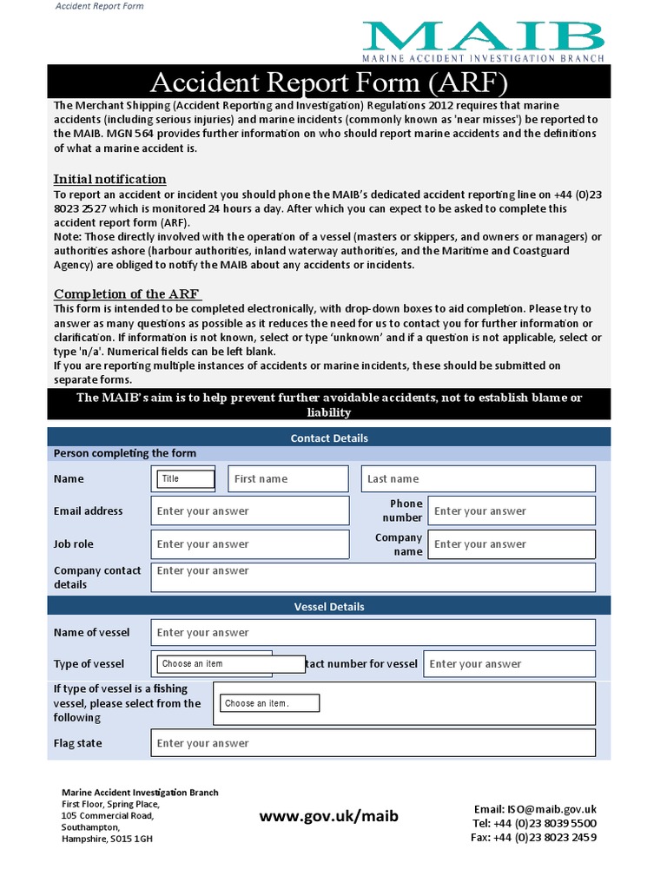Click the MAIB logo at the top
484,40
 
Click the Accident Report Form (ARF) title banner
328,83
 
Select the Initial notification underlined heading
110,179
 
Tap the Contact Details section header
329,438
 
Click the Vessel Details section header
329,607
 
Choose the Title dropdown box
186,478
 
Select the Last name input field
478,478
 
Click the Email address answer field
250,511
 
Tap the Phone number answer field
512,511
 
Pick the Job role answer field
250,544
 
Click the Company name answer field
512,544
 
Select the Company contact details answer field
373,577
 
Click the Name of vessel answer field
373,633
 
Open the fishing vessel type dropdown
269,703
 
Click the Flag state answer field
373,743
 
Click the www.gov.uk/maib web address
329,816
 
